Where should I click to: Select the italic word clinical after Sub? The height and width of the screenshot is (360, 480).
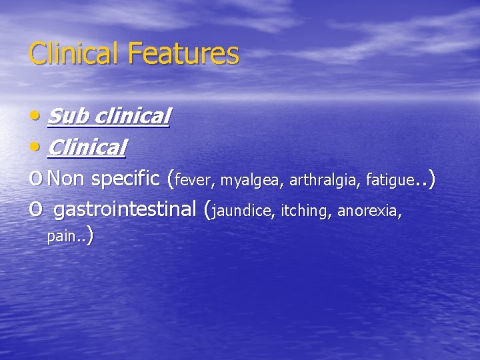tap(133, 117)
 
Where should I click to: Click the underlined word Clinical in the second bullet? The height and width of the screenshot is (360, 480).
tap(87, 147)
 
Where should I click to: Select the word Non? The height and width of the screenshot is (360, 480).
tap(67, 178)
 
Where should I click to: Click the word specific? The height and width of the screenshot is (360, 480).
tap(126, 178)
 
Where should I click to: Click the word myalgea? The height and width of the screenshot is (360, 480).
tap(251, 181)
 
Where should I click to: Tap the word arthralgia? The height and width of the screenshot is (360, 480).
tap(324, 180)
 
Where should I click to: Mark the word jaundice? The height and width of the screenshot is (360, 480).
tap(243, 212)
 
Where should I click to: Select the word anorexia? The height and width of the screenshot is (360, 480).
tap(369, 211)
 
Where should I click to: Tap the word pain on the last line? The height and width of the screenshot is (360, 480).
tap(61, 237)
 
